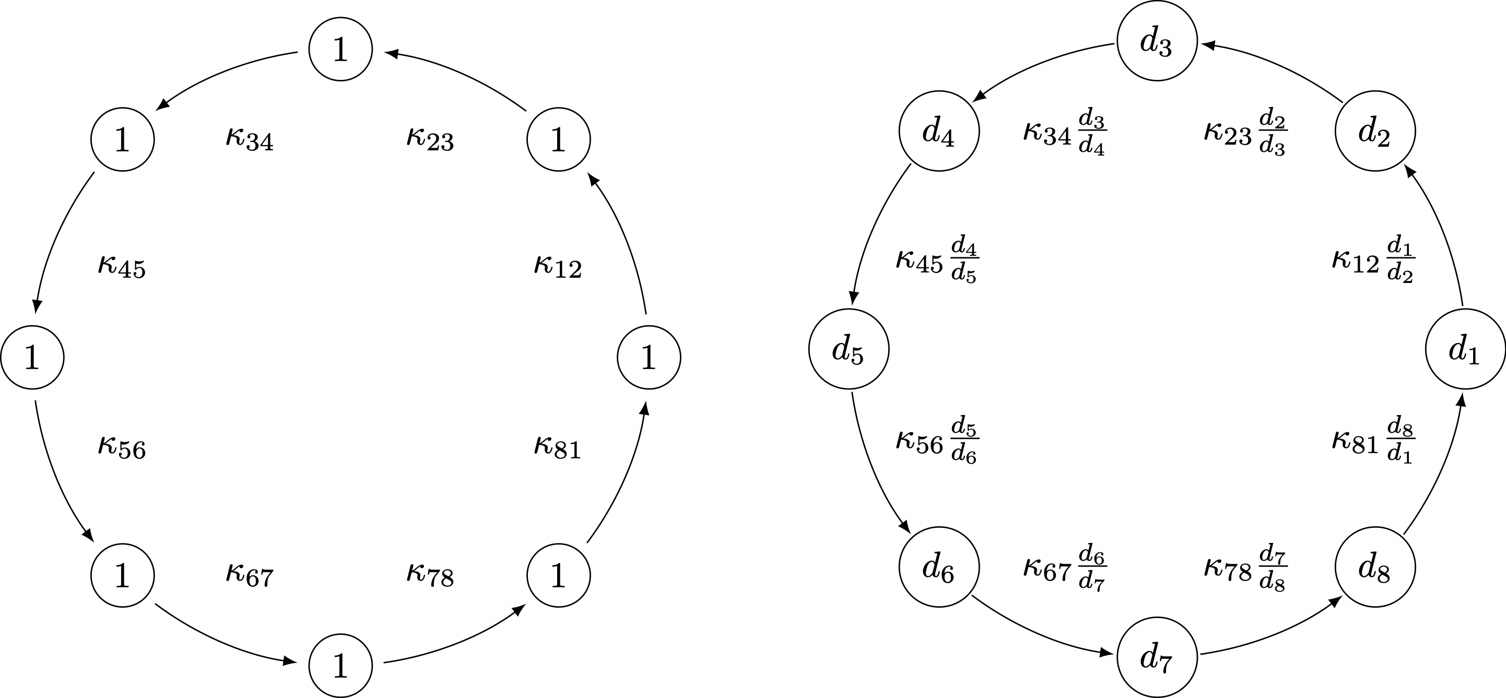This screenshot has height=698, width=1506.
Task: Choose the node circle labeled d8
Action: [1375, 567]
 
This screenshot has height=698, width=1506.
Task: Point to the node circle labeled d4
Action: [939, 131]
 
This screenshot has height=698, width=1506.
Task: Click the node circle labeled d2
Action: [1375, 131]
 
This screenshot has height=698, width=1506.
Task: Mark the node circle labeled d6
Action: [939, 567]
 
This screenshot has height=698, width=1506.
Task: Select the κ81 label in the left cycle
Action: [558, 447]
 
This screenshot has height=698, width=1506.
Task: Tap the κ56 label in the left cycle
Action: [122, 447]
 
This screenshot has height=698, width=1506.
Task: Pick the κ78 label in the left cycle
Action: [430, 576]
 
